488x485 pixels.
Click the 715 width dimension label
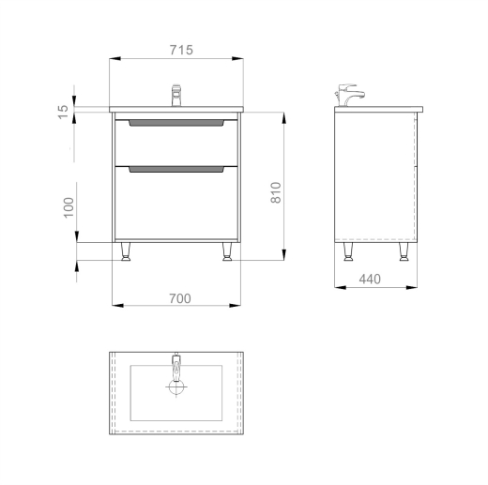click(x=181, y=50)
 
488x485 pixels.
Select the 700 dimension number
click(x=180, y=298)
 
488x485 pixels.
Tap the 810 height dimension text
click(x=276, y=192)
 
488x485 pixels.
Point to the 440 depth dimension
click(x=370, y=279)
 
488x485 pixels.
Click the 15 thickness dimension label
click(x=63, y=112)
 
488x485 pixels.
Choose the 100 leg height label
click(x=69, y=207)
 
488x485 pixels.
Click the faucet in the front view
click(x=176, y=95)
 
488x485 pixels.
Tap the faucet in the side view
click(x=349, y=95)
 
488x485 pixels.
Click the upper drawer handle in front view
click(x=176, y=123)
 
